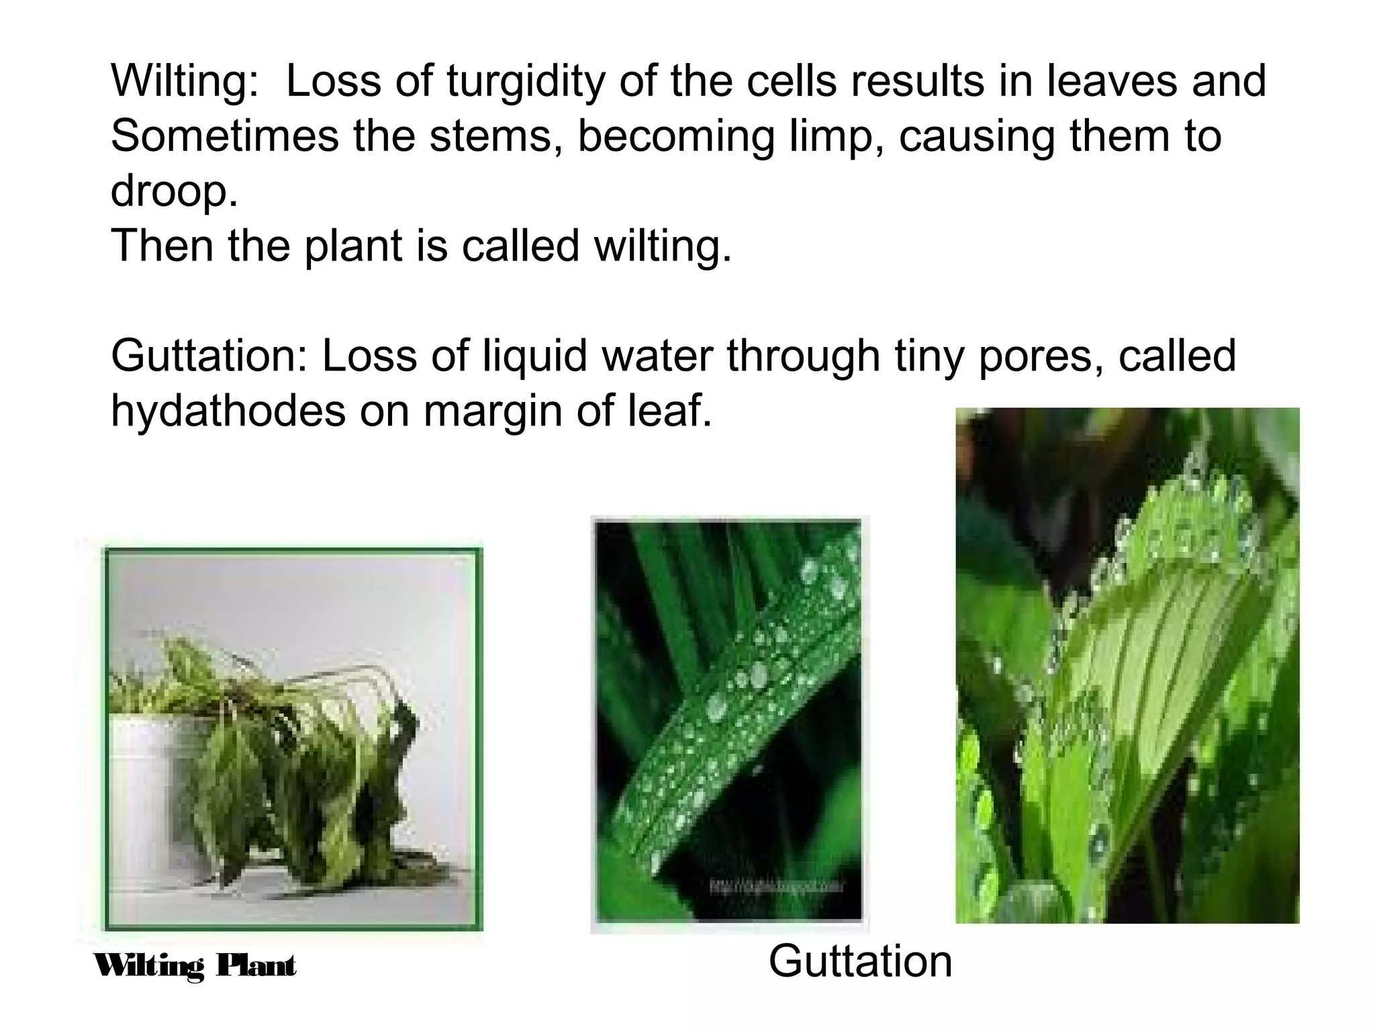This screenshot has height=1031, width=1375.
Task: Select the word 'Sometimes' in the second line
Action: point(225,136)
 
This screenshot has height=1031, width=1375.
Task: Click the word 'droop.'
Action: point(174,191)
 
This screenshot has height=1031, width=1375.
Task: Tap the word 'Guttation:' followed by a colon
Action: point(209,356)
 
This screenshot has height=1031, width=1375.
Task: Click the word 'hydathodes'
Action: point(228,410)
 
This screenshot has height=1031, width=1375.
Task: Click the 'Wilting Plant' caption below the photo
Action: point(195,967)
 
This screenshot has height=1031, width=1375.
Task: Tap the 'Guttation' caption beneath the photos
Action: point(860,961)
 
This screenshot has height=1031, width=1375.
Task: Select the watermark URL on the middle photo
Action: point(776,887)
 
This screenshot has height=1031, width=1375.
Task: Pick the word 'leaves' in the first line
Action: point(1102,82)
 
